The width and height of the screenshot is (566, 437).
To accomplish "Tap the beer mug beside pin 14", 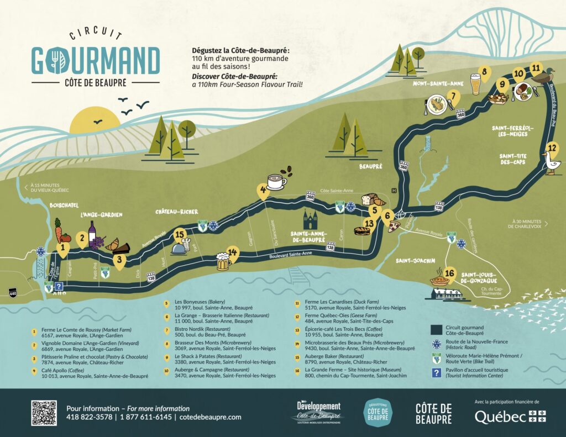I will [x=223, y=261].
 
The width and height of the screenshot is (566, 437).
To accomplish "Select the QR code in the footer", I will [x=44, y=413].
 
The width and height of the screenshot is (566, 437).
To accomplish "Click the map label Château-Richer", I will [x=176, y=212].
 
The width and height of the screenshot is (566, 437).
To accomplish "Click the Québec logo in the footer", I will [x=510, y=417].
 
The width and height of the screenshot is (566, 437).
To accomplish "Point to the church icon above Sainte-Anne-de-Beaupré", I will [x=310, y=220].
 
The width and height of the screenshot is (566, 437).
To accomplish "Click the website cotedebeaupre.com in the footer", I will [x=211, y=417].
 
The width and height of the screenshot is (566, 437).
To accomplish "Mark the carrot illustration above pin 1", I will [x=58, y=229].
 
